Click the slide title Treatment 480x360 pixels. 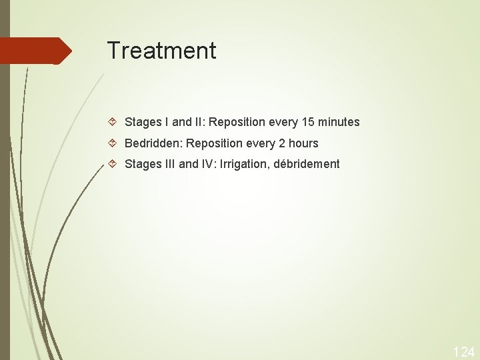point(161,51)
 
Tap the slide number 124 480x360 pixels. point(464,351)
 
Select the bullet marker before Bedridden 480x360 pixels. point(113,143)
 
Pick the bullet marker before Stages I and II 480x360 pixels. point(113,122)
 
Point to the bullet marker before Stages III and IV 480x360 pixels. point(113,163)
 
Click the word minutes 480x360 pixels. point(338,122)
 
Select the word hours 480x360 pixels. point(303,143)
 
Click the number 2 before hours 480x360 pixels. point(280,143)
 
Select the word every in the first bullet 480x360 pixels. point(282,123)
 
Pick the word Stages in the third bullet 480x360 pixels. point(141,163)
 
